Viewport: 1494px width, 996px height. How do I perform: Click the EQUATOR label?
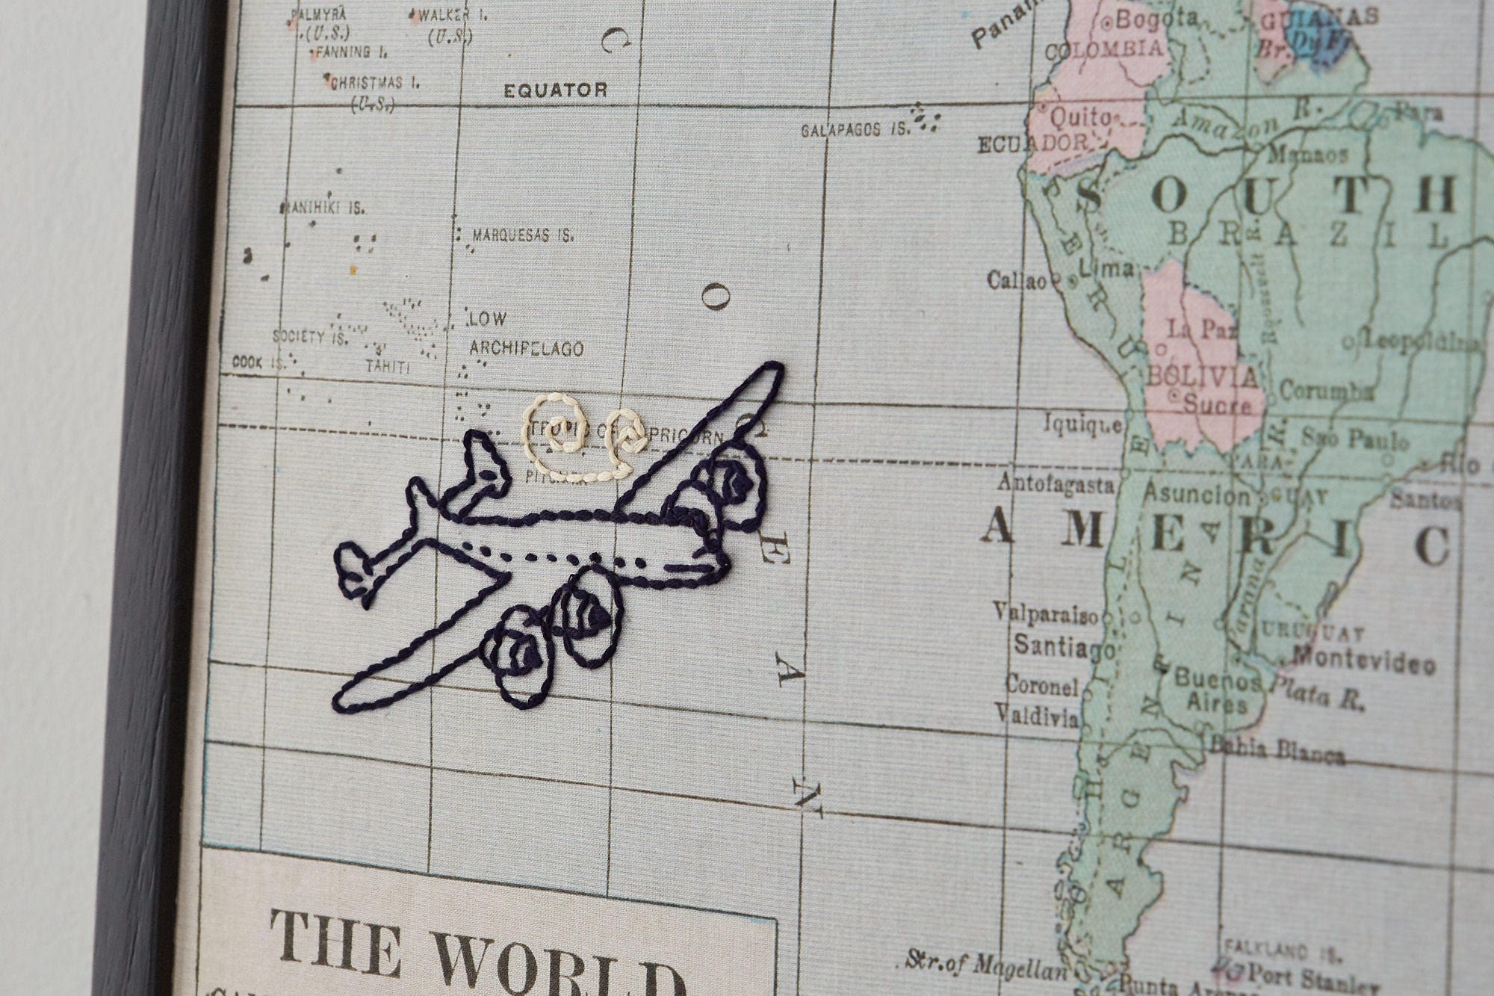(x=555, y=91)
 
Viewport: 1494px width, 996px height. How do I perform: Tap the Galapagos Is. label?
(x=855, y=130)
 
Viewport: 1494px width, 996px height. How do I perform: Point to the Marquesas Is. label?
(x=523, y=236)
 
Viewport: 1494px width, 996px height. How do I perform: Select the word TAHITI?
(x=388, y=367)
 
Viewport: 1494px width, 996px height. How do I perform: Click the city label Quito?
(x=1080, y=117)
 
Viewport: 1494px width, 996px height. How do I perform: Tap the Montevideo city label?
(x=1364, y=661)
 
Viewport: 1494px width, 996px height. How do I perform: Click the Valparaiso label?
(x=1046, y=614)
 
